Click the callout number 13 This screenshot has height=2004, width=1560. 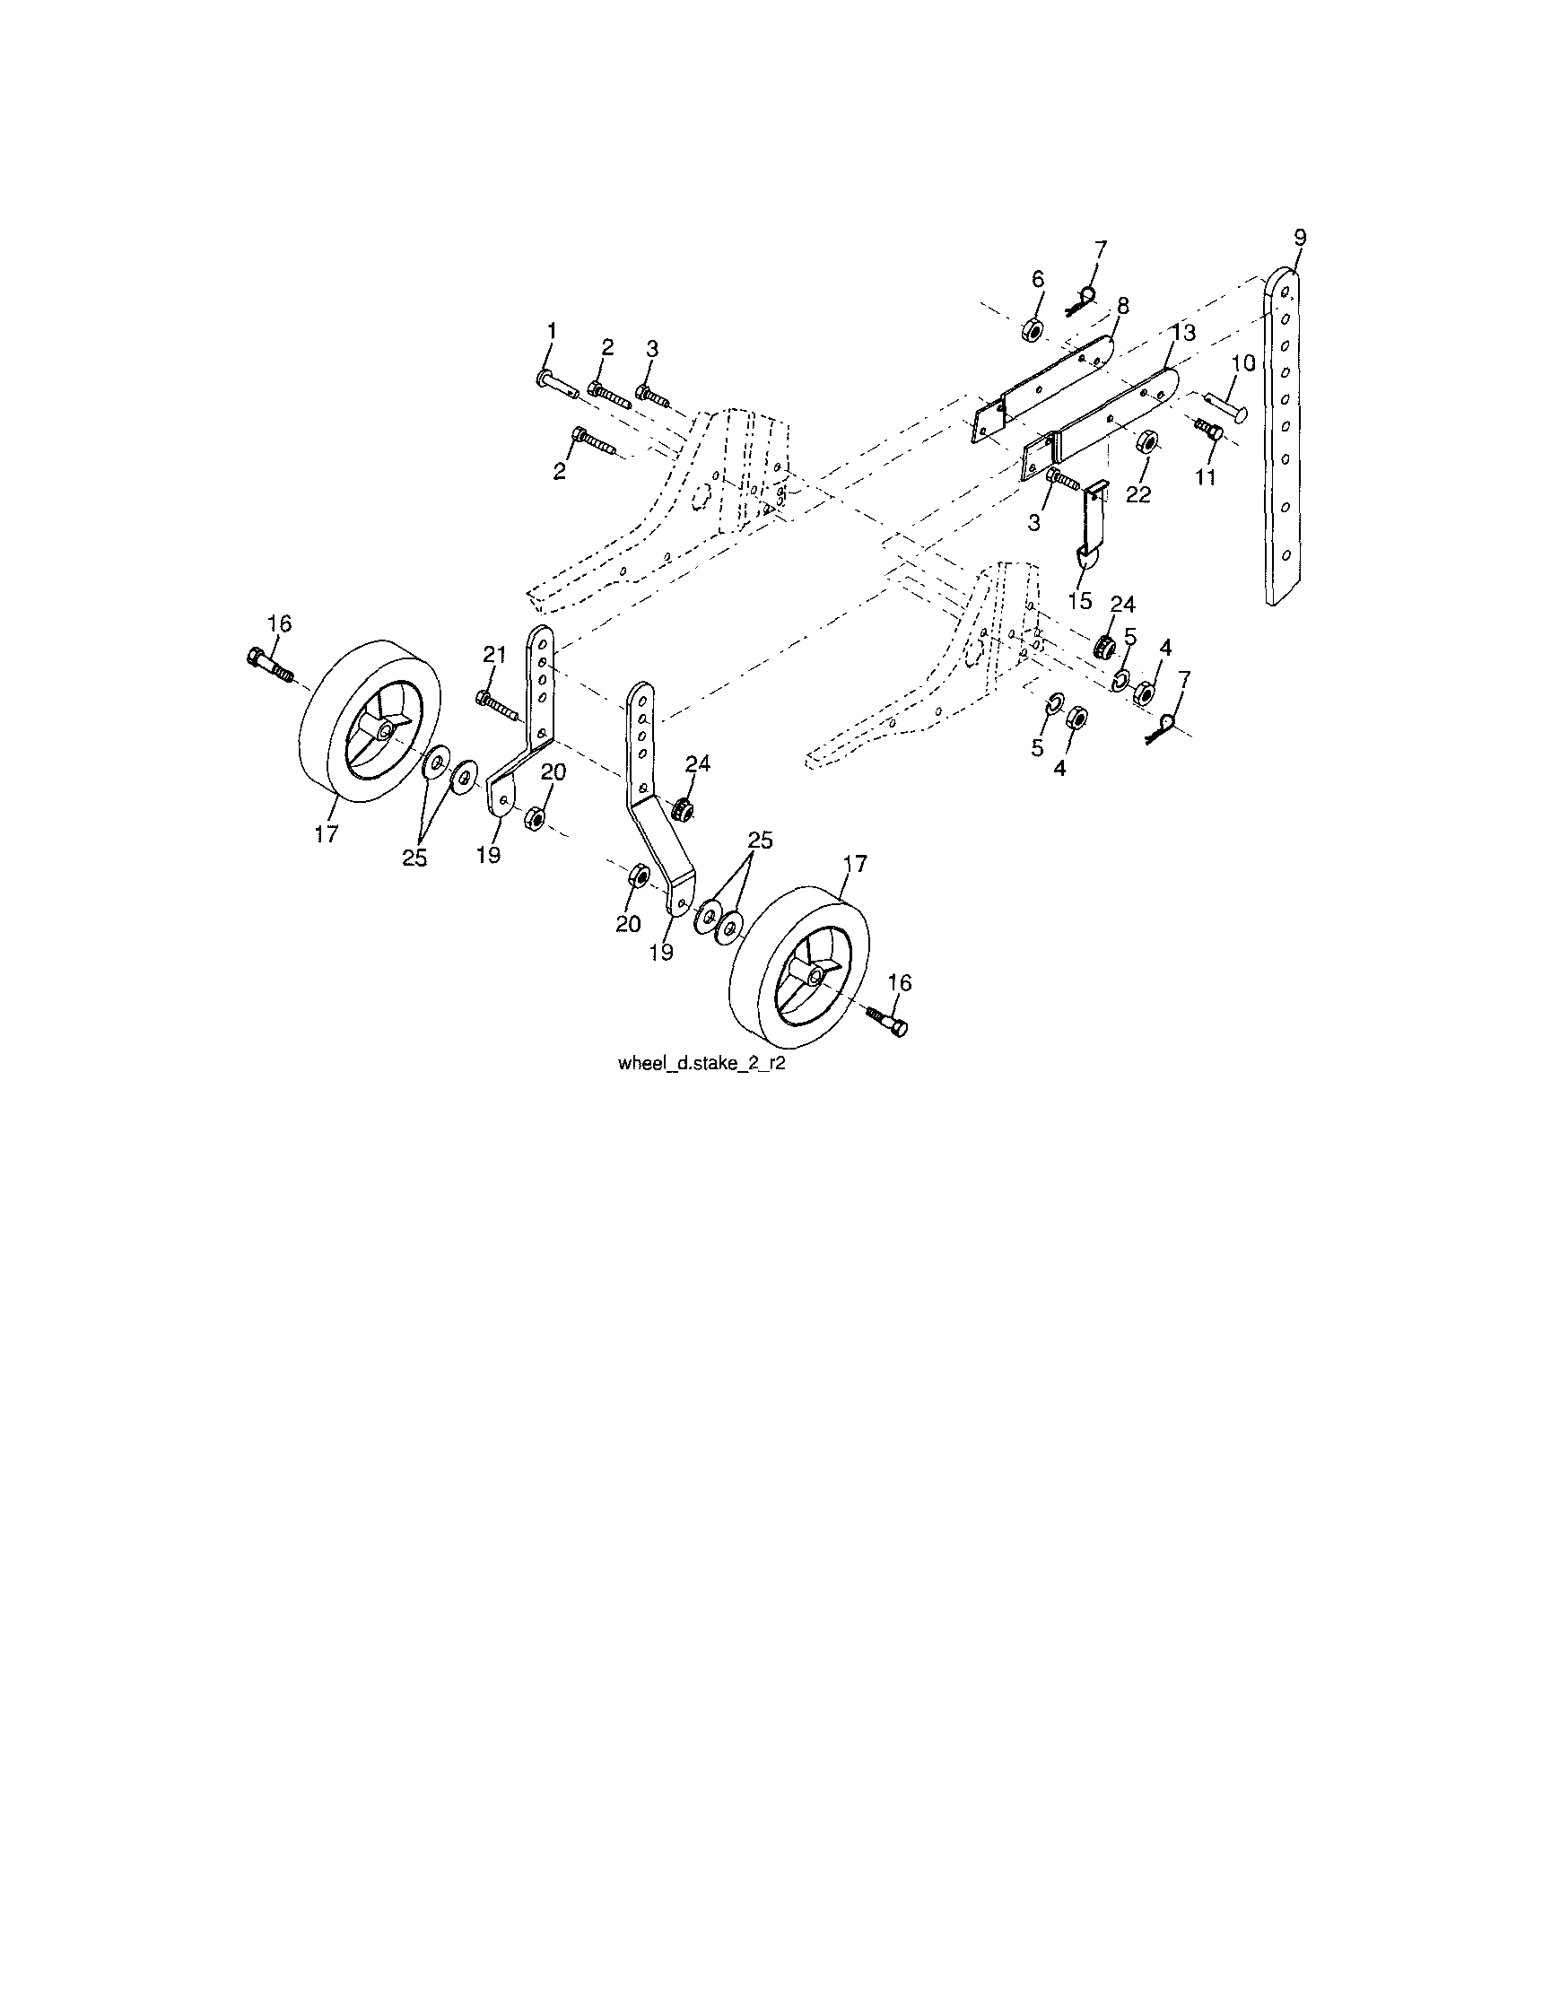(x=1183, y=333)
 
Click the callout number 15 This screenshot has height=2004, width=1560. (x=1079, y=600)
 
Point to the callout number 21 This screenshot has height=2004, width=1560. (x=494, y=654)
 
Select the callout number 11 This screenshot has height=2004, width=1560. (x=1204, y=477)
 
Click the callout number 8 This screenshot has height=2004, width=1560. (x=1122, y=306)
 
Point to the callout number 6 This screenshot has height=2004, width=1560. (x=1038, y=278)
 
